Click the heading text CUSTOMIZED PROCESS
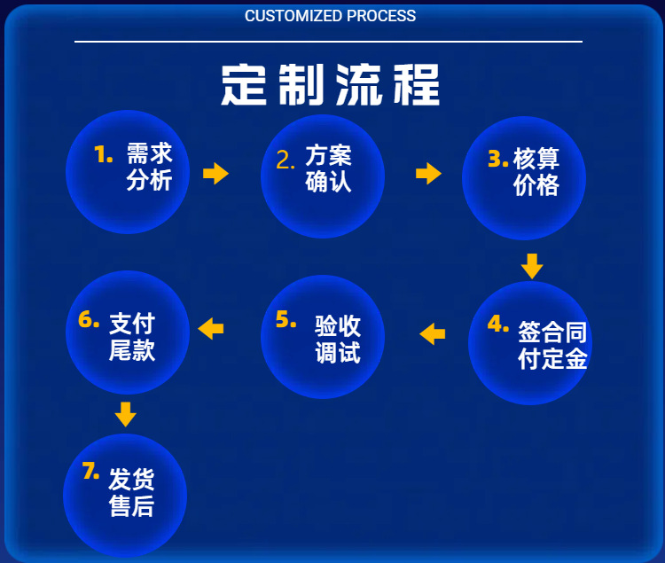pyautogui.click(x=330, y=16)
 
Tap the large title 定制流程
pyautogui.click(x=330, y=85)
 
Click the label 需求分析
pyautogui.click(x=149, y=167)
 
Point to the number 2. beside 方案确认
pyautogui.click(x=286, y=160)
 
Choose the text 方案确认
pyautogui.click(x=328, y=168)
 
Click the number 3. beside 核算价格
pyautogui.click(x=497, y=159)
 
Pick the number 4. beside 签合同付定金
pyautogui.click(x=497, y=324)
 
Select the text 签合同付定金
pyautogui.click(x=552, y=345)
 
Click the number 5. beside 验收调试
pyautogui.click(x=286, y=320)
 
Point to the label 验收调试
pyautogui.click(x=337, y=339)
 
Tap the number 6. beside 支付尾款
pyautogui.click(x=89, y=320)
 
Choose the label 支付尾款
pyautogui.click(x=132, y=336)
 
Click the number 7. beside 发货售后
pyautogui.click(x=90, y=472)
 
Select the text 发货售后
pyautogui.click(x=131, y=493)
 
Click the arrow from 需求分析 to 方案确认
pyautogui.click(x=215, y=173)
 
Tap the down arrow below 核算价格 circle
pyautogui.click(x=531, y=265)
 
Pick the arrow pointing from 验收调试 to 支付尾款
pyautogui.click(x=211, y=329)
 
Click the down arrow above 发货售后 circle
pyautogui.click(x=126, y=413)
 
